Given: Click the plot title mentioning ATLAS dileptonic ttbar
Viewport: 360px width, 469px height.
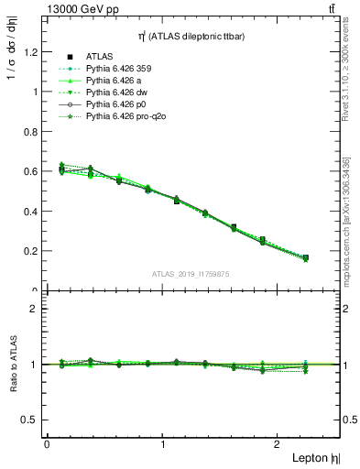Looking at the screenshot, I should (x=191, y=36).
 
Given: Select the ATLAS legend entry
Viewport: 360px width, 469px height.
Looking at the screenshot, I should (x=97, y=57).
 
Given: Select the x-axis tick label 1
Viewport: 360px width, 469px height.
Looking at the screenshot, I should (x=163, y=443).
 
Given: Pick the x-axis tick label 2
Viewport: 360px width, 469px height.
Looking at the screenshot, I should (x=279, y=443).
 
